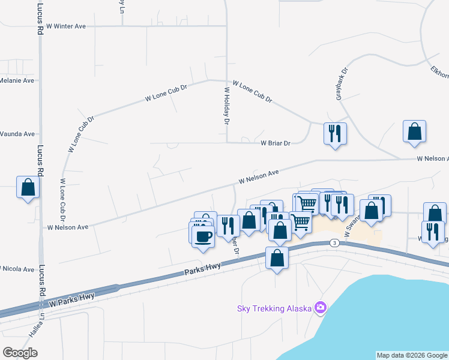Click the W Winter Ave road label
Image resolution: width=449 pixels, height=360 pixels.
[x=65, y=26]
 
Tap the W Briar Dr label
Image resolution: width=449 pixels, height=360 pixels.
[x=276, y=143]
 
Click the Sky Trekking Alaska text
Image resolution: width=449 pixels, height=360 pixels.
[x=274, y=308]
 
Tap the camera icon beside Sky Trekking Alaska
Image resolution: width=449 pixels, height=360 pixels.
[x=321, y=308]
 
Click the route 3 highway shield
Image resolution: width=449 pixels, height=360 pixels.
[x=334, y=242]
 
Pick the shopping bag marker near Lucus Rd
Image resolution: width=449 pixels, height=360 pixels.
[x=28, y=187]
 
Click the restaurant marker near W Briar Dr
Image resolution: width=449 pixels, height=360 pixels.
[x=334, y=133]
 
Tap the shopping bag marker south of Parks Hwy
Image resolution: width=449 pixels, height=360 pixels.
[x=277, y=258]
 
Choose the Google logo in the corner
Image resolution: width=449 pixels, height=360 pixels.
[x=20, y=352]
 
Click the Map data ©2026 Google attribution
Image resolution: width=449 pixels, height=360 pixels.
[x=412, y=355]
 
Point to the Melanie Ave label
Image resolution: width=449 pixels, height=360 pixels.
[x=17, y=80]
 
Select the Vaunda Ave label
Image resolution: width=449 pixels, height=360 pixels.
[x=17, y=134]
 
